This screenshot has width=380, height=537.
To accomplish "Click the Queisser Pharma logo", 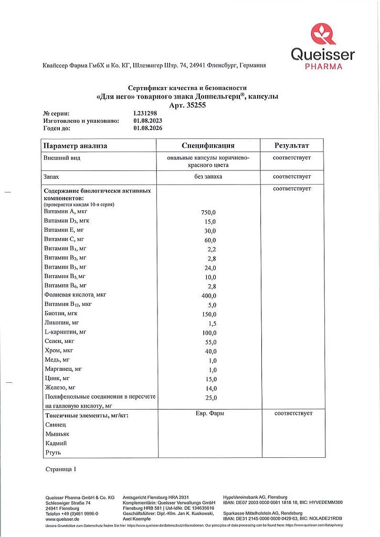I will point(322,47).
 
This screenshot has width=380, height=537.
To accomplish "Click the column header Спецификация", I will point(208,145).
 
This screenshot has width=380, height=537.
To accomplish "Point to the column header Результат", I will point(292,145).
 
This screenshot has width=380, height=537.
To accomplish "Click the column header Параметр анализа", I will point(75,146).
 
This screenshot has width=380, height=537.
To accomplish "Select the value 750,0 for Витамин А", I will point(208,212).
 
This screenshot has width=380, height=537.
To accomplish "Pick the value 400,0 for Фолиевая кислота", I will point(208,296).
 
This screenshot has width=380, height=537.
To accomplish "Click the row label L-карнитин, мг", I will point(66,332).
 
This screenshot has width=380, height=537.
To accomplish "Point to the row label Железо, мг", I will point(61,388).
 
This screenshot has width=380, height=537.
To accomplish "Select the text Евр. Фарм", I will point(209,413).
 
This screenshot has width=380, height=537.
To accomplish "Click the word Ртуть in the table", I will point(53,452).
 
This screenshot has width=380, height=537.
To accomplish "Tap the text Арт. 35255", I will point(187,105).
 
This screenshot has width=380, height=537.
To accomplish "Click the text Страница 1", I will point(61,469).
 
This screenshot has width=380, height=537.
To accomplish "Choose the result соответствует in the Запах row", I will point(292,177).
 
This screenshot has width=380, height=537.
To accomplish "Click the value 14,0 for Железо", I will point(209,389).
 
